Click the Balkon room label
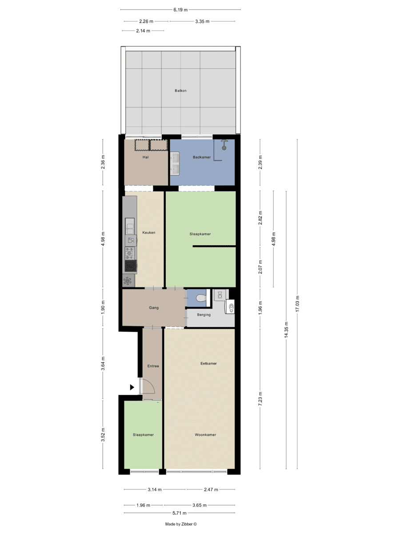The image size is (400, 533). (x=180, y=91)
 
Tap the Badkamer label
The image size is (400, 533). (x=202, y=157)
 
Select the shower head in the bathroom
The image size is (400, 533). (x=224, y=147)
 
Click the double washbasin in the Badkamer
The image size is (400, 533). (x=175, y=163)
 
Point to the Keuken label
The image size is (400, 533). (x=148, y=232)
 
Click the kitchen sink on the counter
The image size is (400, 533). (x=129, y=226)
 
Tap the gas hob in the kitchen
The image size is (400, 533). (x=129, y=253)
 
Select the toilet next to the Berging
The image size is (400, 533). (x=201, y=298)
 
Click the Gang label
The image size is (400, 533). (x=154, y=308)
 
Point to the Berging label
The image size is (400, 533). (x=204, y=315)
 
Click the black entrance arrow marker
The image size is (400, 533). (x=132, y=387)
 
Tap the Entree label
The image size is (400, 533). (x=153, y=366)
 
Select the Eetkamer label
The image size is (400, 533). (x=208, y=363)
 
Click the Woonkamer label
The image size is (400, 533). (x=205, y=435)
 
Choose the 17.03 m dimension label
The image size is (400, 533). (x=297, y=303)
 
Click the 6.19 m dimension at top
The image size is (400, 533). (x=180, y=10)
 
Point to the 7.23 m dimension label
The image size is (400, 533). (x=260, y=399)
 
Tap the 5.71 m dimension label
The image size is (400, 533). (x=180, y=513)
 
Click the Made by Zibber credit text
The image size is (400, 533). (x=181, y=524)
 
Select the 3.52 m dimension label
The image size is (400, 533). (x=103, y=435)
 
